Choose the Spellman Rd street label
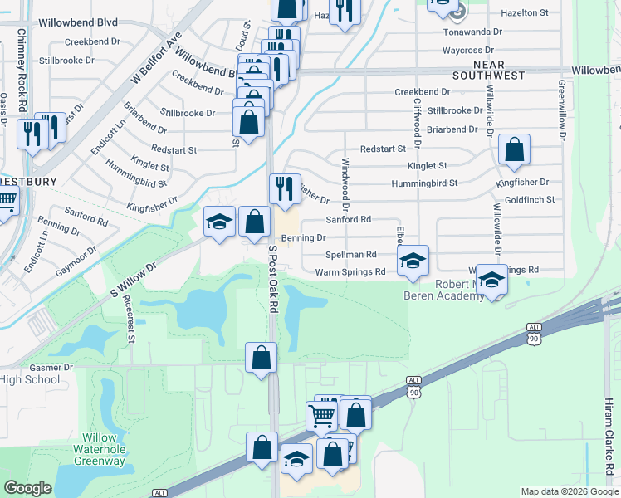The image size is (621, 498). [351, 255]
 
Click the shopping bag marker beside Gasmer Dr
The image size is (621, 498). [261, 359]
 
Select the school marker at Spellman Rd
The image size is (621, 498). [412, 261]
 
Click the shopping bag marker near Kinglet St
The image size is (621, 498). [515, 150]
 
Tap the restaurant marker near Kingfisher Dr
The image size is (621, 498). [284, 188]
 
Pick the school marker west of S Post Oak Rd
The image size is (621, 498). [219, 222]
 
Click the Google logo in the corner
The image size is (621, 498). [28, 488]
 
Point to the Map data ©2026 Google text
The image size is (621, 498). [569, 491]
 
